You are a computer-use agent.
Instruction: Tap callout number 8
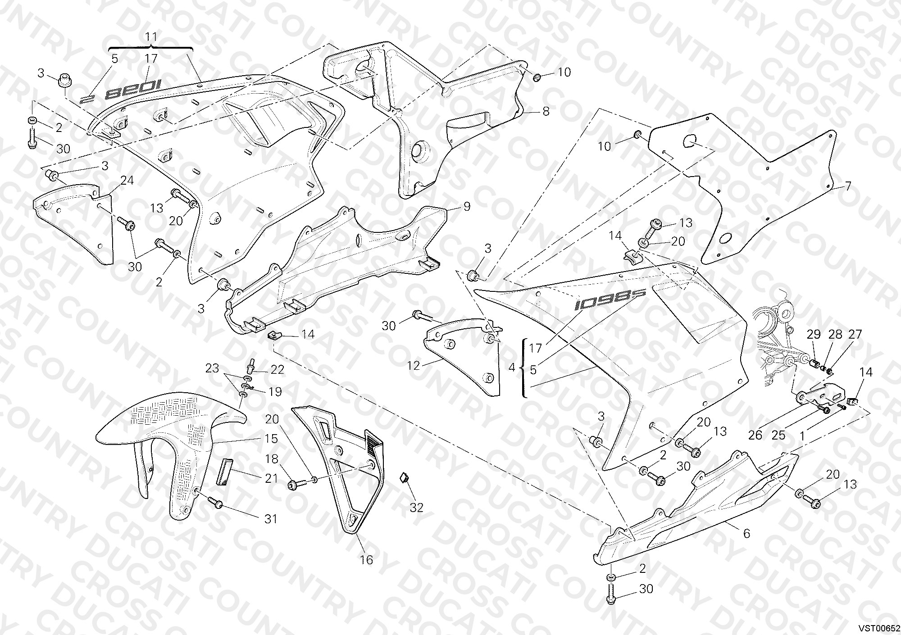546,111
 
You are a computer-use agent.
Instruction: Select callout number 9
467,206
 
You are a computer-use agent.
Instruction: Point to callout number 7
848,186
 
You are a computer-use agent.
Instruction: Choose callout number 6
746,534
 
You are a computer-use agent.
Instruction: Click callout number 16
367,560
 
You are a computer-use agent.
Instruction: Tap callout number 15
272,439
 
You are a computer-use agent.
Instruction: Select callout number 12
413,366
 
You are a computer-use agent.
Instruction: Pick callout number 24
127,181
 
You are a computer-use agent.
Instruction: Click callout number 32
417,508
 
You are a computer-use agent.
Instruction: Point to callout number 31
270,519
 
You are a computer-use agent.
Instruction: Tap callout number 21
271,478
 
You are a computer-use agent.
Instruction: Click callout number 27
855,334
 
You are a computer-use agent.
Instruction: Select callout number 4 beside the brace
512,367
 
